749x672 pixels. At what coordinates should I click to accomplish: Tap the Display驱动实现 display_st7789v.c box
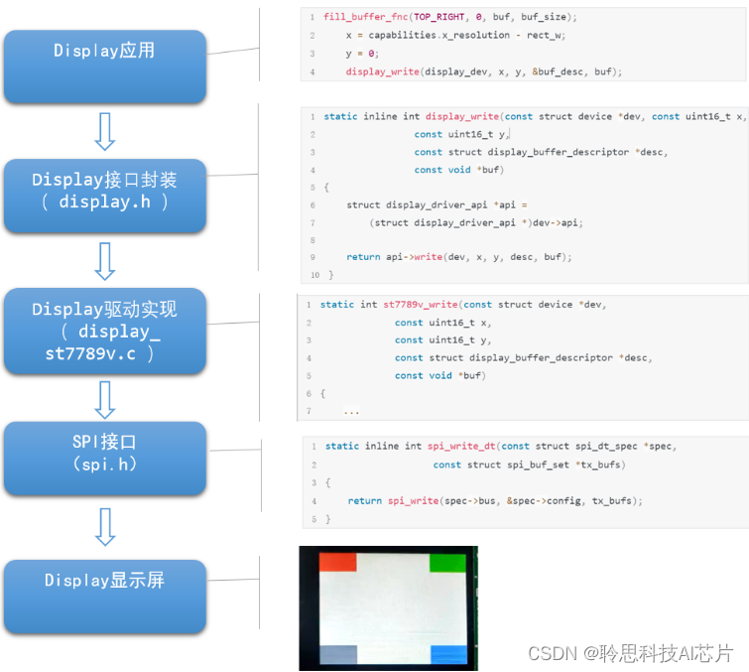tap(104, 331)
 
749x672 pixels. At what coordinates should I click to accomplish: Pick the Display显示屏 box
tap(104, 581)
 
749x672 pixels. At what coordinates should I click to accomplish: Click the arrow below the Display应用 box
tap(104, 131)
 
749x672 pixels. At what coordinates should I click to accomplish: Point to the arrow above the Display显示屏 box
tap(104, 525)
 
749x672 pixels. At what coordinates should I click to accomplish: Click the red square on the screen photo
tap(337, 562)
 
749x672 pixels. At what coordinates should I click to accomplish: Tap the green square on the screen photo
tap(447, 563)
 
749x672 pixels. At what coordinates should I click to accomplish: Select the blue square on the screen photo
tap(448, 654)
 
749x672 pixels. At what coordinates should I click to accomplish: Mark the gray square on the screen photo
tap(337, 654)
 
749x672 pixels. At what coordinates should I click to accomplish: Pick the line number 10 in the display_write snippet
tap(314, 275)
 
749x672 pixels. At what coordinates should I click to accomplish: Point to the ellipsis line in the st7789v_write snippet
tap(351, 411)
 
